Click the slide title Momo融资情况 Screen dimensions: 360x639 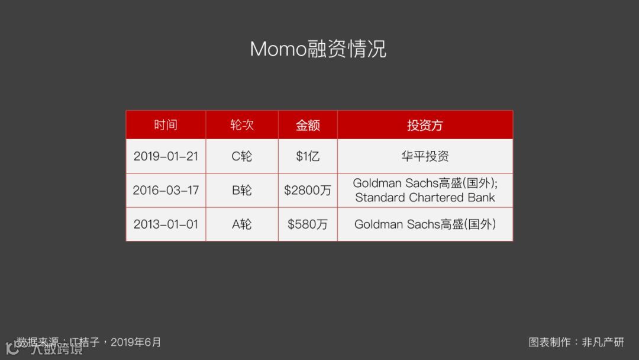tap(318, 49)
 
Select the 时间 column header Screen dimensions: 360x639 tap(166, 125)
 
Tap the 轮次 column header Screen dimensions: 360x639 tap(242, 125)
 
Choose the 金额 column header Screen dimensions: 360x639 tap(308, 125)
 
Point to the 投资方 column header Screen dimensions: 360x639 tap(425, 125)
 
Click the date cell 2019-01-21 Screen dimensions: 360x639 tap(166, 156)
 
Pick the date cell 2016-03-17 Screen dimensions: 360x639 tap(166, 191)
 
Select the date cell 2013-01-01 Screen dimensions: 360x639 tap(166, 224)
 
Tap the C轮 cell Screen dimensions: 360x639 tap(242, 156)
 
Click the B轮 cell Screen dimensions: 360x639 tap(242, 191)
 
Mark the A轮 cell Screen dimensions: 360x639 tap(242, 224)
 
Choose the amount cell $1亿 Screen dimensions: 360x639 tap(308, 156)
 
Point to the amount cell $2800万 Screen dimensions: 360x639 tap(308, 191)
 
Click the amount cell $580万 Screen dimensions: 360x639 tap(308, 224)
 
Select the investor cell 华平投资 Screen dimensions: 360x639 tap(425, 156)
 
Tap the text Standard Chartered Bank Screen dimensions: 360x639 tap(425, 198)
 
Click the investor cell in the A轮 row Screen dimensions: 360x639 tap(425, 224)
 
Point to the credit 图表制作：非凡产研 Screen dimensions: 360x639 tap(576, 342)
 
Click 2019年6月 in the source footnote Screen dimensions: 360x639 tap(135, 342)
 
